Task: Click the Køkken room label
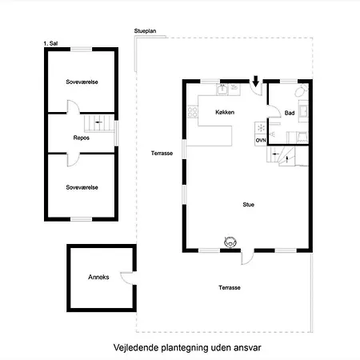pyautogui.click(x=225, y=112)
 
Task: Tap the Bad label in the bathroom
pyautogui.click(x=290, y=113)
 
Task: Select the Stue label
pyautogui.click(x=248, y=205)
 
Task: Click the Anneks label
pyautogui.click(x=98, y=277)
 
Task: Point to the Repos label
pyautogui.click(x=82, y=138)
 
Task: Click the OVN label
pyautogui.click(x=261, y=140)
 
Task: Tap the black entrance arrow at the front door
pyautogui.click(x=256, y=82)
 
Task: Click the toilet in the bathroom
pyautogui.click(x=302, y=90)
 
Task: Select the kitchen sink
pyautogui.click(x=222, y=90)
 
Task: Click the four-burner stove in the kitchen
pyautogui.click(x=193, y=112)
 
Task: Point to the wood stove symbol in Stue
pyautogui.click(x=230, y=242)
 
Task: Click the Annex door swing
pyautogui.click(x=127, y=278)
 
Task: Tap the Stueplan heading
pyautogui.click(x=145, y=31)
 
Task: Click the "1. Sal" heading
pyautogui.click(x=50, y=43)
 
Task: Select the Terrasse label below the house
pyautogui.click(x=230, y=288)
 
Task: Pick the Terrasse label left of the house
pyautogui.click(x=162, y=154)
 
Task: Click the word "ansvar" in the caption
pyautogui.click(x=247, y=348)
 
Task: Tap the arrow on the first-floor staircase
pyautogui.click(x=99, y=122)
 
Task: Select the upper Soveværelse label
pyautogui.click(x=82, y=82)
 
